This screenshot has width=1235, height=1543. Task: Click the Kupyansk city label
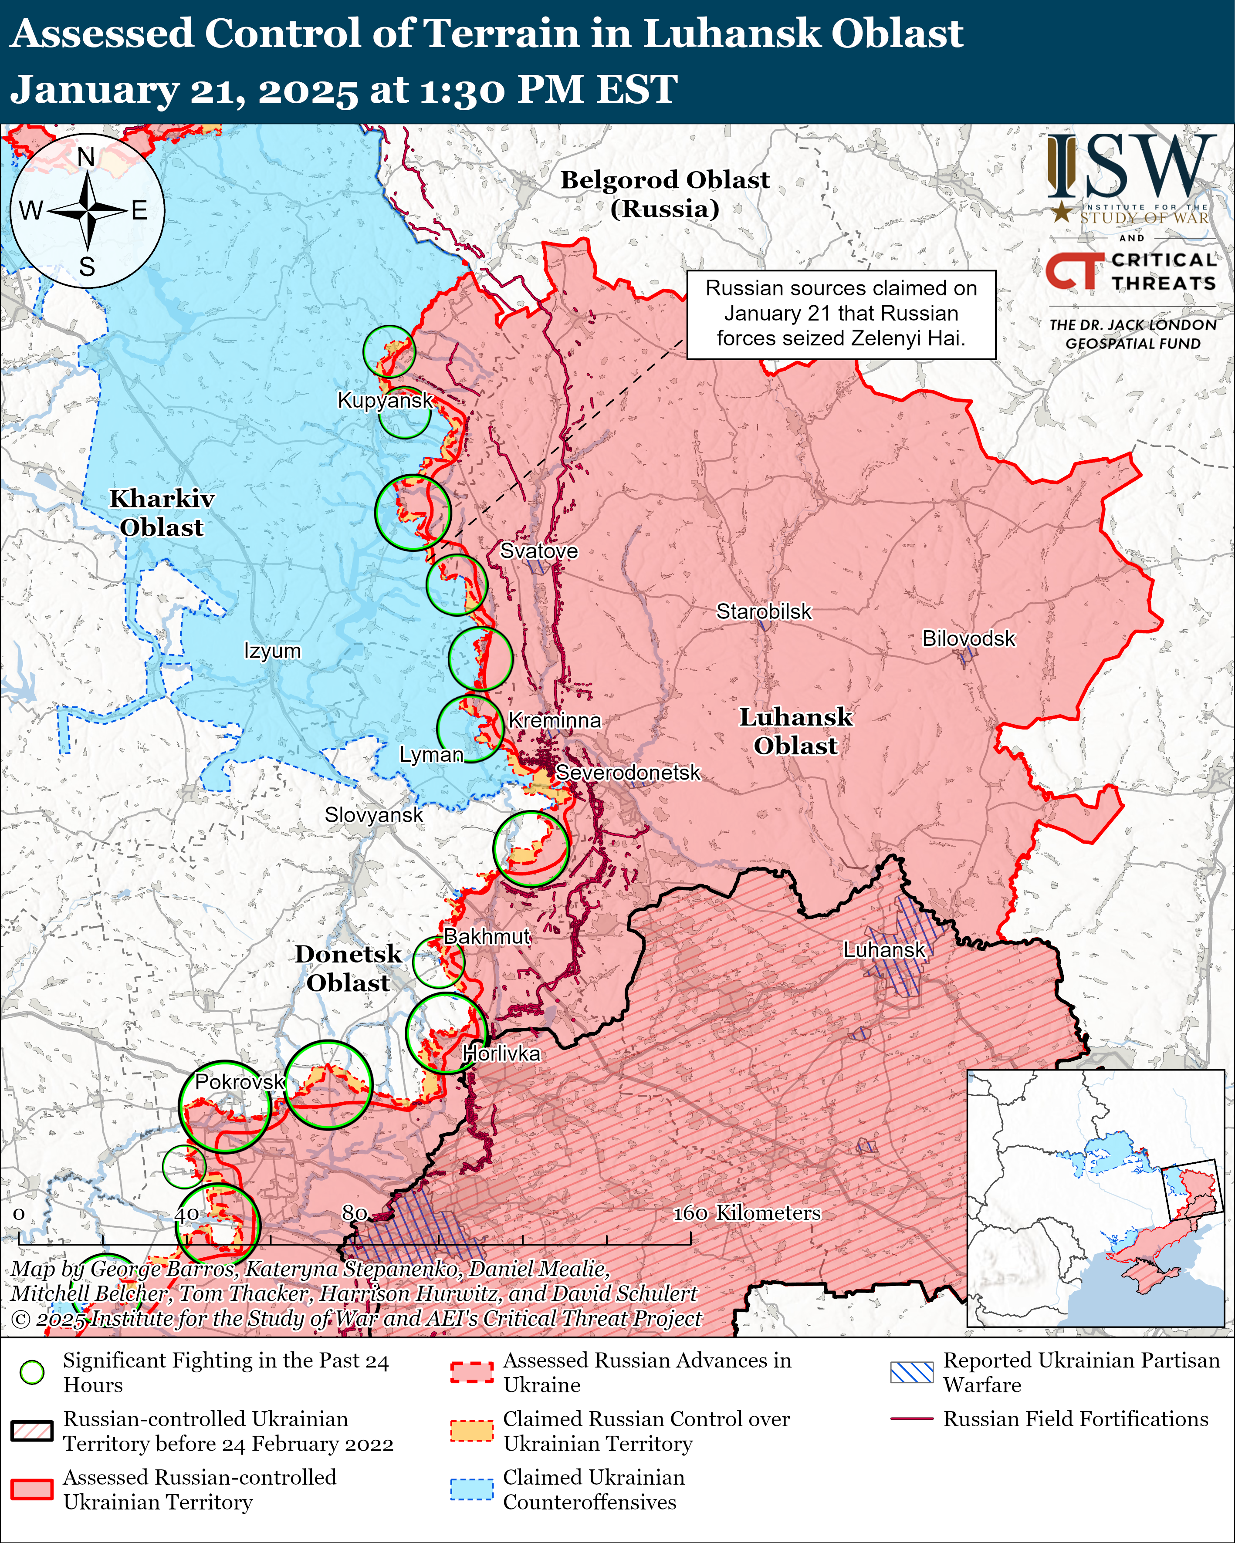(x=385, y=400)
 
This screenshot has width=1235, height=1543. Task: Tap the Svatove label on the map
(x=538, y=551)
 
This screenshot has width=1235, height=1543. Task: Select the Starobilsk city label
(x=764, y=612)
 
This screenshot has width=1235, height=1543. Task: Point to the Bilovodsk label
(x=968, y=638)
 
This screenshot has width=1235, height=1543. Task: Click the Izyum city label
(x=272, y=651)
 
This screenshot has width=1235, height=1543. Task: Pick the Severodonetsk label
(x=628, y=773)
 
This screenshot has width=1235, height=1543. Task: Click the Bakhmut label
(x=487, y=936)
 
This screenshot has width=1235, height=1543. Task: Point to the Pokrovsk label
(x=240, y=1081)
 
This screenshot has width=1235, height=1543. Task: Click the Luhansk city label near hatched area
(x=884, y=950)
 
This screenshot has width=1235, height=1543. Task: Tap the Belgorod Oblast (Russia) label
(x=664, y=194)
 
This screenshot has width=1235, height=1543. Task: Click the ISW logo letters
(x=1131, y=168)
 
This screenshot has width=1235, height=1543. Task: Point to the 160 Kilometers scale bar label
(x=746, y=1213)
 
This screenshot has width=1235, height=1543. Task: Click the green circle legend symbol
(x=32, y=1372)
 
